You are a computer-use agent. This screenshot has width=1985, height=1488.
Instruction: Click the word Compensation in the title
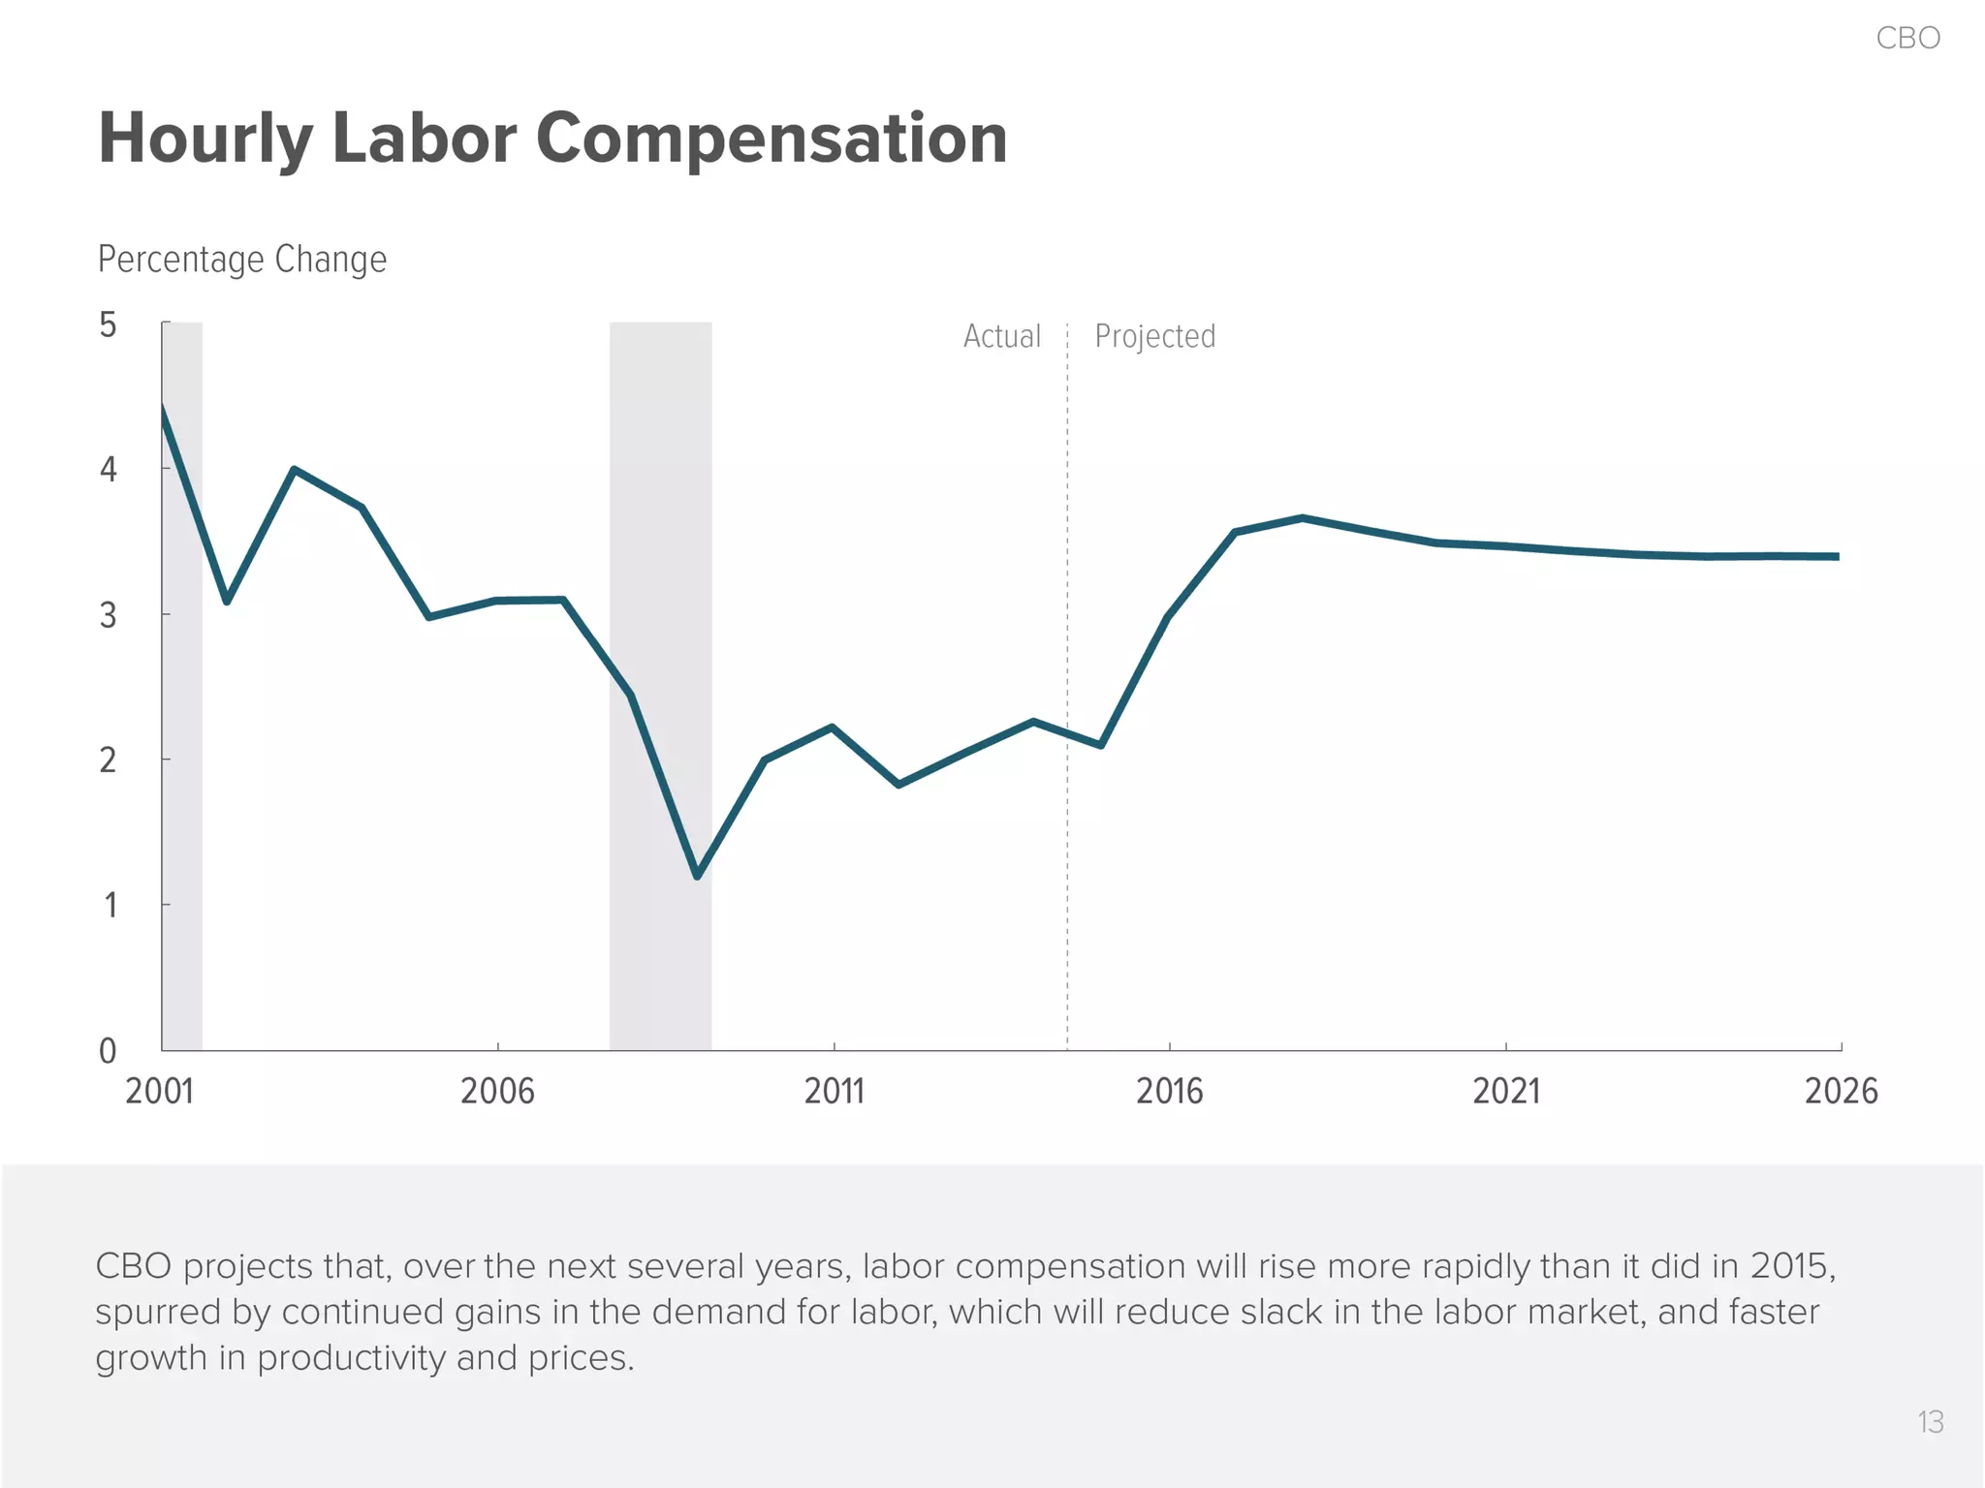[772, 139]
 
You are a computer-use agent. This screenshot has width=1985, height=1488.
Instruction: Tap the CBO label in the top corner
[1907, 38]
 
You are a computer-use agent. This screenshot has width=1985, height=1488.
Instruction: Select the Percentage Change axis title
[242, 260]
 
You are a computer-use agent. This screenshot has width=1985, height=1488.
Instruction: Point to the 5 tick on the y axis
[108, 325]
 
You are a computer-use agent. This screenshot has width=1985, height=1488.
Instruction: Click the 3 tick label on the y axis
[108, 615]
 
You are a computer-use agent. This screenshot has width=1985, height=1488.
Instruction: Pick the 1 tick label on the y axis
[110, 906]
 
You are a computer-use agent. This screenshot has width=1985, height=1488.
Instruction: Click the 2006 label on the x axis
[497, 1092]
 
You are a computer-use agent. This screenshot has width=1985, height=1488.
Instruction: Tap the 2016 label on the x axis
[1169, 1092]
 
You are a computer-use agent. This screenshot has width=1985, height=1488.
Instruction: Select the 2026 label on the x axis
[1841, 1092]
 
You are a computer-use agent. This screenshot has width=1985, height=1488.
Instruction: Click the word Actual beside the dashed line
[1001, 336]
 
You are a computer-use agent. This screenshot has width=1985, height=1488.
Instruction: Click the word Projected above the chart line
[1154, 336]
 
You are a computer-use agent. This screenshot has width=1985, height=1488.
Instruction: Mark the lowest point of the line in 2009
[698, 876]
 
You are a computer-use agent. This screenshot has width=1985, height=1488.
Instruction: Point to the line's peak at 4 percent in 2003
[294, 470]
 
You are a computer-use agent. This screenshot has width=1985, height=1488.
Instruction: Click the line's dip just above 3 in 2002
[227, 602]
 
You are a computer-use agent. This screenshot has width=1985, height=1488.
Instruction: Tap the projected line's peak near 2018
[1303, 518]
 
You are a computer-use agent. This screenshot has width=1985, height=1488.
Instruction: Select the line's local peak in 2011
[833, 727]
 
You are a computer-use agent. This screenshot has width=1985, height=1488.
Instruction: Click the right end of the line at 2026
[1837, 556]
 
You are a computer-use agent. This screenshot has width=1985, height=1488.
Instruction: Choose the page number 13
[1930, 1422]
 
